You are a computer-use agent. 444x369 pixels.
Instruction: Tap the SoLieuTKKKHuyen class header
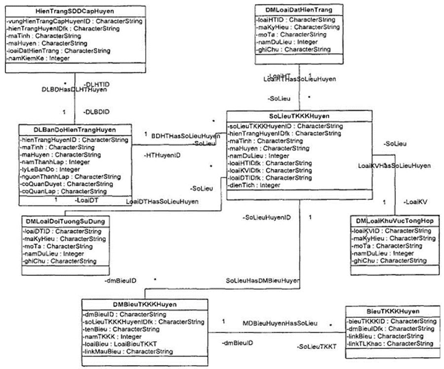(299, 116)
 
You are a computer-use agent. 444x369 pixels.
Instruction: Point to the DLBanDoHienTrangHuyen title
(75, 130)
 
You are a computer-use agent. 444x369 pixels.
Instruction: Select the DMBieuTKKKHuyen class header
(145, 304)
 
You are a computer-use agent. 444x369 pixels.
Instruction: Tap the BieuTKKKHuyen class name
(393, 311)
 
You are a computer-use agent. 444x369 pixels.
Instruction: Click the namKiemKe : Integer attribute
(38, 58)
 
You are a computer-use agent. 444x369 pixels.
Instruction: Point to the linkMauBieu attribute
(128, 352)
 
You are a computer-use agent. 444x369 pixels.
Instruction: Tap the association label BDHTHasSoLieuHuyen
(185, 136)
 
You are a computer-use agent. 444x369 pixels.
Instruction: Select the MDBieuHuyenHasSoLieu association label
(280, 323)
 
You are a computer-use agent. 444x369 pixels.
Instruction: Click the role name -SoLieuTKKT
(317, 347)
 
